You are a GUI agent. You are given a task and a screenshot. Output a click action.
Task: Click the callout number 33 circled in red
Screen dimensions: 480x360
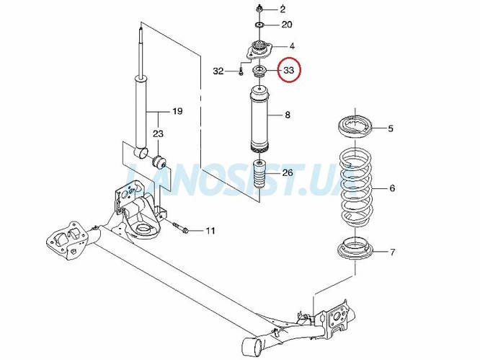click(289, 71)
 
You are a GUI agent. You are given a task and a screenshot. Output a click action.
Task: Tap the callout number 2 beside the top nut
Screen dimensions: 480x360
click(283, 9)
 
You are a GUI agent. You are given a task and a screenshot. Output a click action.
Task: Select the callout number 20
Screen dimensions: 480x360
click(287, 25)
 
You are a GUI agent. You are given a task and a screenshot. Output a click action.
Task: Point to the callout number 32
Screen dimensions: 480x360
click(218, 71)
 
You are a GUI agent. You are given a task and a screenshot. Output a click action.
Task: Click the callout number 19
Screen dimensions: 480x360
click(177, 111)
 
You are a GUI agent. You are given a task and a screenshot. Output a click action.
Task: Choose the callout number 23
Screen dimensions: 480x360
click(159, 133)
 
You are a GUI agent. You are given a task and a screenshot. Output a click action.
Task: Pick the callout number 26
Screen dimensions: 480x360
click(288, 173)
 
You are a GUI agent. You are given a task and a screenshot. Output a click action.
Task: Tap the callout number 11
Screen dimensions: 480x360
click(210, 230)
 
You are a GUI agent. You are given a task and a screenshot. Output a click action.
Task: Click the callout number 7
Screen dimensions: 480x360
click(393, 253)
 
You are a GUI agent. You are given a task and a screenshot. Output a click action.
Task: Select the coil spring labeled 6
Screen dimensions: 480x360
click(356, 188)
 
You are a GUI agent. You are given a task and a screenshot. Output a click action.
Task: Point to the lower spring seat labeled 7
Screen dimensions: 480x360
click(355, 248)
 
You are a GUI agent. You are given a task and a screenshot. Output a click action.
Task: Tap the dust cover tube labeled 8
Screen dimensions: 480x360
click(259, 120)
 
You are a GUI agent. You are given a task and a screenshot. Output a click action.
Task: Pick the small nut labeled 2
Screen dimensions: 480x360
click(259, 9)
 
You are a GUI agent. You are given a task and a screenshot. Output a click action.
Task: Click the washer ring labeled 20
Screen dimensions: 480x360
click(259, 25)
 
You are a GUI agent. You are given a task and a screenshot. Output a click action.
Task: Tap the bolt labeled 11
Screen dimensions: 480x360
click(181, 228)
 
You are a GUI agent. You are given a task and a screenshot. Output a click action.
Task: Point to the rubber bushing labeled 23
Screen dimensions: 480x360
click(159, 162)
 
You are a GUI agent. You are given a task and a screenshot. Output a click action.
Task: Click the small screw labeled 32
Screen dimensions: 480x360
click(241, 71)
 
